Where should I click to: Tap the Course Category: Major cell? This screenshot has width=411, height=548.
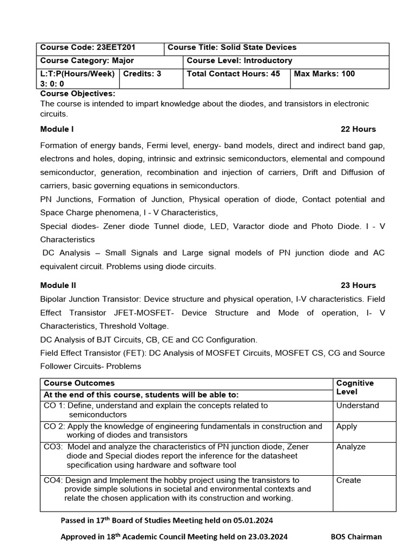[87, 60]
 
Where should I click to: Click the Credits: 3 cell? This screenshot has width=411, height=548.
[142, 74]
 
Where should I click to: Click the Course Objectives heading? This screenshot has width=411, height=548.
[78, 94]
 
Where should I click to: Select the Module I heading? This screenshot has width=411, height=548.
[57, 129]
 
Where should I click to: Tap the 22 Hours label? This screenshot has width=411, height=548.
[358, 129]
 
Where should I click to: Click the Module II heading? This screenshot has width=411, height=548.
[58, 285]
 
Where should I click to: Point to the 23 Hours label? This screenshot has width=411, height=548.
[358, 285]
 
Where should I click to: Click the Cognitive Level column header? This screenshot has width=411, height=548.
[355, 387]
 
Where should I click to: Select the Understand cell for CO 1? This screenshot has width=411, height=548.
[357, 406]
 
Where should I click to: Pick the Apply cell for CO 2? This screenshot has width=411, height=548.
[346, 427]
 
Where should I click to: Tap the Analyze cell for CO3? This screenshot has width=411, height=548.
[351, 446]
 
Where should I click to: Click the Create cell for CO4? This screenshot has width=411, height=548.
[348, 480]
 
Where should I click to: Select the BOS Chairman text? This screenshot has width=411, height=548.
[356, 536]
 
